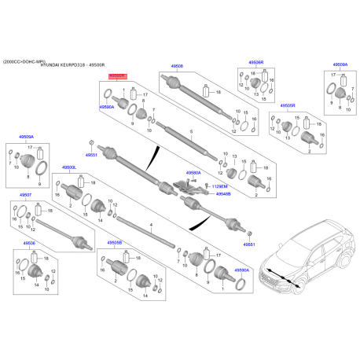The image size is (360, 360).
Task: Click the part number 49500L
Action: (x=68, y=167)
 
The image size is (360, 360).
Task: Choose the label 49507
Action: (x=26, y=195)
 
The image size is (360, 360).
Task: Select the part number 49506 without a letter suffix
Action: (x=29, y=244)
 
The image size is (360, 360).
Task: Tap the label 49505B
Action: (x=115, y=243)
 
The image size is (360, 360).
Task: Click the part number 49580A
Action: (x=194, y=172)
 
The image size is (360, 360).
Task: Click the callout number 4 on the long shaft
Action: (x=149, y=225)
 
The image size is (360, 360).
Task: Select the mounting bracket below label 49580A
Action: (x=186, y=186)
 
